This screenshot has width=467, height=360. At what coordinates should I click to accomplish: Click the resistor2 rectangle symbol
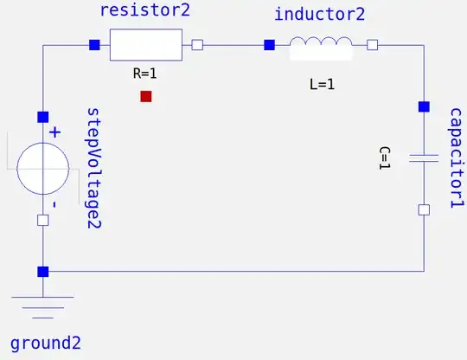pos(146,45)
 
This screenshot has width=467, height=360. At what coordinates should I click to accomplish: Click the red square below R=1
pos(146,96)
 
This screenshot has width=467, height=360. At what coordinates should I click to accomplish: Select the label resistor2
pos(144,12)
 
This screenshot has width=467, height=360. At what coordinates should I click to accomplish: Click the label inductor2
pos(319,15)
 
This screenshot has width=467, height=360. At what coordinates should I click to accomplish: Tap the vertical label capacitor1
pos(456,157)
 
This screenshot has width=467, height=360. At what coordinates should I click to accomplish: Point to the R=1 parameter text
pos(145,74)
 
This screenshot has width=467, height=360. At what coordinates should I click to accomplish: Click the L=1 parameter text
pos(321,85)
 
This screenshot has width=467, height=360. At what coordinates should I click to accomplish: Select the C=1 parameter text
pos(385,157)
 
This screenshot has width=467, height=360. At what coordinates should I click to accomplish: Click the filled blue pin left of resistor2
pos(93,45)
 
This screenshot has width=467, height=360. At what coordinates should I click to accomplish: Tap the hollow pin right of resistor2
pos(197,45)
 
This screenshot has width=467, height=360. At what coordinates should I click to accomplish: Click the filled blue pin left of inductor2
pos(269,45)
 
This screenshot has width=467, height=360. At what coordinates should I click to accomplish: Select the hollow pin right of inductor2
pos(373,45)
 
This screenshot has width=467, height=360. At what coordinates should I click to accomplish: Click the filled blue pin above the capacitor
pos(424,107)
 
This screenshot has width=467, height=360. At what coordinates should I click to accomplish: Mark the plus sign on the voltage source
pos(54,132)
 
